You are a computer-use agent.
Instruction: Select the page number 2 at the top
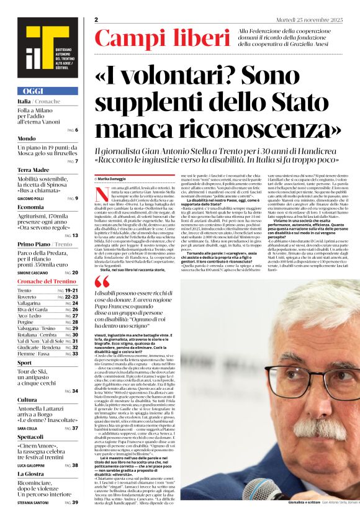pyautogui.click(x=96, y=20)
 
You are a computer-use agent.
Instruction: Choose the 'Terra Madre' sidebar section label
pyautogui.click(x=34, y=169)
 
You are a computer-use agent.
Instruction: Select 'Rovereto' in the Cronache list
pyautogui.click(x=28, y=296)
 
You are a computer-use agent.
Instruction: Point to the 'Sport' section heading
pyautogui.click(x=24, y=362)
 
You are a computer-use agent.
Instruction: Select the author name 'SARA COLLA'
pyautogui.click(x=29, y=428)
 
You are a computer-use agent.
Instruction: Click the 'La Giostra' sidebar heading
pyautogui.click(x=31, y=473)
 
